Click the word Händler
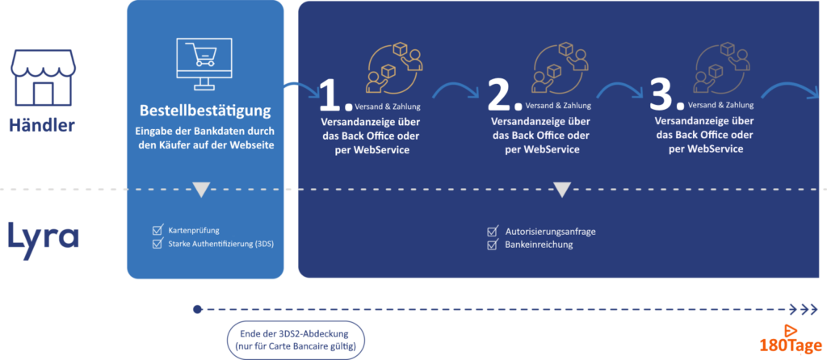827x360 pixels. [42, 125]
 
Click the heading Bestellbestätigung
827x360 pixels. [205, 111]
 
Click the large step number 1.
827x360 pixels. [333, 96]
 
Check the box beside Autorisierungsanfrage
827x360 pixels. [492, 232]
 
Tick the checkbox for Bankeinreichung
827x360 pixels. [492, 245]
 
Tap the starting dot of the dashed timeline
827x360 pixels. [197, 309]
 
